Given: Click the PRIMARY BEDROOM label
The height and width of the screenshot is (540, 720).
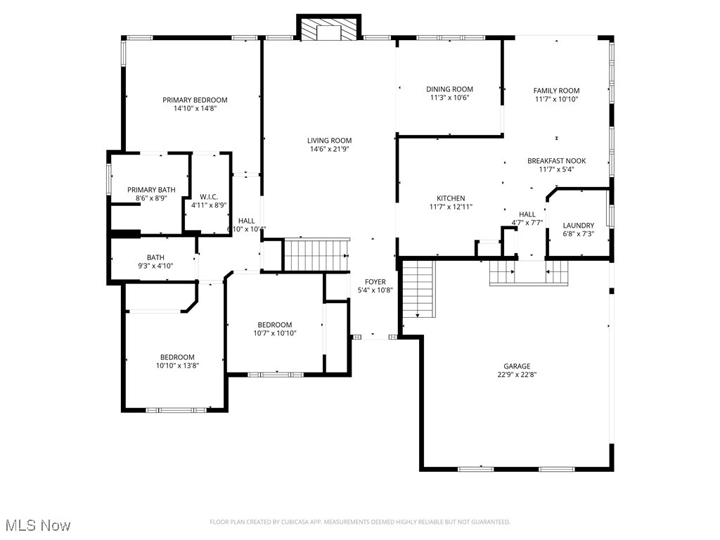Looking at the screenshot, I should coord(195,100).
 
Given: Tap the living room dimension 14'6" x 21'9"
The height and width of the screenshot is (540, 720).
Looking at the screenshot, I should coord(330,149).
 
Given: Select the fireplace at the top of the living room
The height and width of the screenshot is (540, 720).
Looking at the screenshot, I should coord(328,30).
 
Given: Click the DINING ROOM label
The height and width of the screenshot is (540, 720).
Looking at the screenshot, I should coord(449,89).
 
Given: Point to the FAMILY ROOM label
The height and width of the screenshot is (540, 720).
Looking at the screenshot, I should coord(556,91).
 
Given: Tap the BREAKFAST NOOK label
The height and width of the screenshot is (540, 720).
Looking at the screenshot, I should coord(556,161).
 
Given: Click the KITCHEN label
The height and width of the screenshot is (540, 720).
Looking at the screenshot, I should coord(451,198).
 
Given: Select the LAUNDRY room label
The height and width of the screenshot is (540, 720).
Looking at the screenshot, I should coord(578,226).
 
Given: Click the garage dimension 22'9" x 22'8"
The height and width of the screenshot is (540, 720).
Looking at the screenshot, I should coord(516,375).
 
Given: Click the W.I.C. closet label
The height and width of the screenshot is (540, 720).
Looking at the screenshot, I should coord(209,197).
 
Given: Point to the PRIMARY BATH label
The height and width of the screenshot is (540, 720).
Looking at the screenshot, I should coord(151,190).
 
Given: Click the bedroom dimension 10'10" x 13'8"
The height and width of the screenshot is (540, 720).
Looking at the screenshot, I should coord(177,366).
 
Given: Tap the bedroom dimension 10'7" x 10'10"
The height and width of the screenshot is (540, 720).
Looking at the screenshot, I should coord(274,333).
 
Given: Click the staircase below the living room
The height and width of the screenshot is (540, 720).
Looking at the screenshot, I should coord(316,254).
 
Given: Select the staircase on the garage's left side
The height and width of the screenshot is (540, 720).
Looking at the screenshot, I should coord(419,288).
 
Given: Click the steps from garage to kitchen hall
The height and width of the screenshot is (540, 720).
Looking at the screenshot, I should coord(529,273).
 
